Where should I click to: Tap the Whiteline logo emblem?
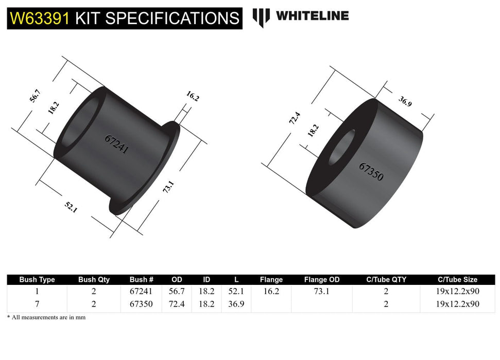tap(261, 17)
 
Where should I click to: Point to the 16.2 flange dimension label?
tap(192, 96)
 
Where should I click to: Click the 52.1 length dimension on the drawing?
tap(71, 207)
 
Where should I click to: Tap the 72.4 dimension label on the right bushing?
tap(294, 120)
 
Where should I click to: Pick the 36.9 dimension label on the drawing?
tap(405, 101)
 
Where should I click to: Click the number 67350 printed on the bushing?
tap(371, 171)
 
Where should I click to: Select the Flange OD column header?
tap(322, 280)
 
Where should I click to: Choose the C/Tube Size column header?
tap(457, 280)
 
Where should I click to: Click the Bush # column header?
tap(141, 280)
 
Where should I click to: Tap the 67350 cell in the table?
tap(141, 304)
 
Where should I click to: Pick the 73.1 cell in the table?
tap(322, 291)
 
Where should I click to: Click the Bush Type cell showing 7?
tap(37, 304)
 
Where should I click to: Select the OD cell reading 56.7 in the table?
tap(177, 291)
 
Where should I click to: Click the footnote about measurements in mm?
tap(46, 318)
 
